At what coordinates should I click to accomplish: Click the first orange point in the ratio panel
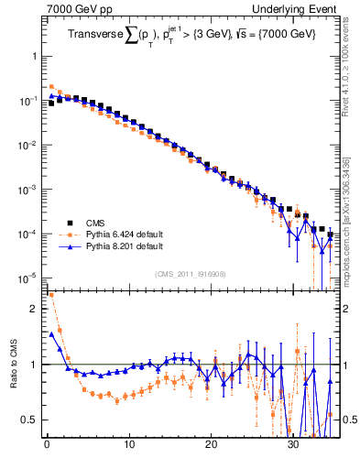pos(51,295)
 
